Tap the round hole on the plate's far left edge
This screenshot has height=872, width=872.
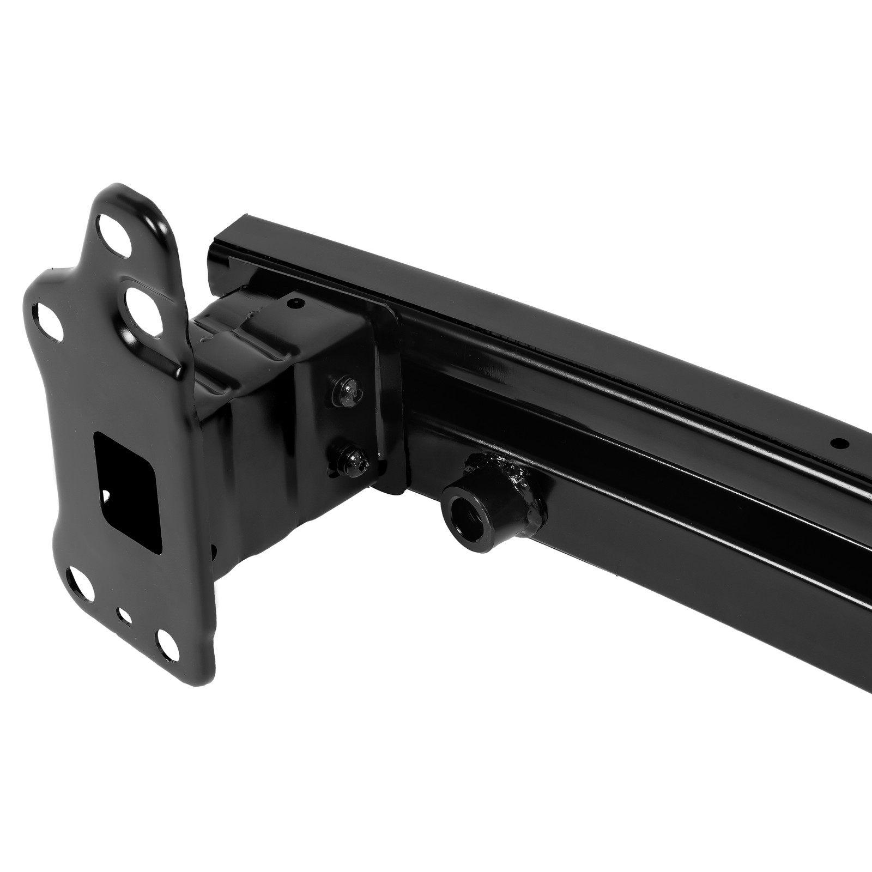tap(47, 318)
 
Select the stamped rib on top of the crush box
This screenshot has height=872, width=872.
tap(240, 322)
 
